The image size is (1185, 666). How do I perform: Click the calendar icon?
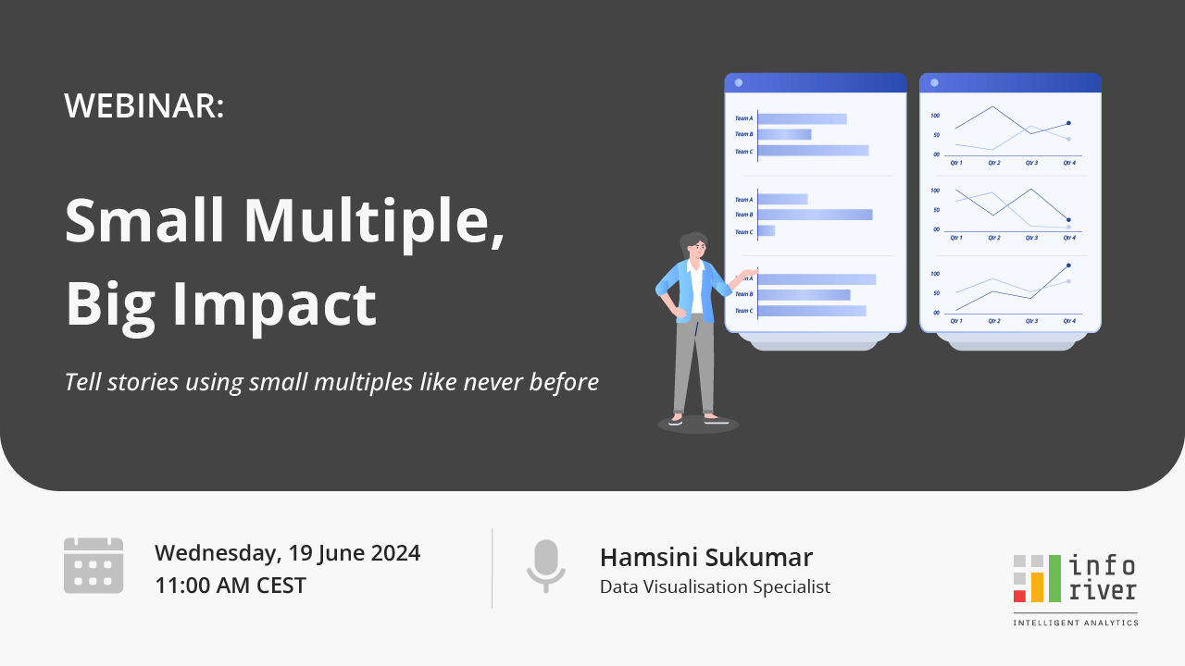(94, 565)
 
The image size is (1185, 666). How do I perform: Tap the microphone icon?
(545, 565)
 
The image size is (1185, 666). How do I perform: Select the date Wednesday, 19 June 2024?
(287, 553)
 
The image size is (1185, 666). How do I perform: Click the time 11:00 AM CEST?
(230, 586)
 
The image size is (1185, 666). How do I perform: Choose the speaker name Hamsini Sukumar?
(705, 558)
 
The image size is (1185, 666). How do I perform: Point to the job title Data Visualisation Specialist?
(715, 586)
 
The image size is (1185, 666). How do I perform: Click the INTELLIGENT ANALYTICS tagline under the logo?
(1076, 623)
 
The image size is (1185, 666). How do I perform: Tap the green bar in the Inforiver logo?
(1054, 578)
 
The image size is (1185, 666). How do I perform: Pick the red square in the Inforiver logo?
(1019, 595)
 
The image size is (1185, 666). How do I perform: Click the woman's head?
(694, 246)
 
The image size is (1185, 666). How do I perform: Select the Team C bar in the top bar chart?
(813, 151)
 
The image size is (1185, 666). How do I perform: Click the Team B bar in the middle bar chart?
(815, 215)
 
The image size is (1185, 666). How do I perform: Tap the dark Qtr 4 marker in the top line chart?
(1068, 123)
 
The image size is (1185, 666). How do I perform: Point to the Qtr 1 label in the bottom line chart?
(956, 321)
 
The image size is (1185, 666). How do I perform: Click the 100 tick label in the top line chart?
(935, 116)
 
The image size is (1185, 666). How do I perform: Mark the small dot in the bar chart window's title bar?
(738, 82)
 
